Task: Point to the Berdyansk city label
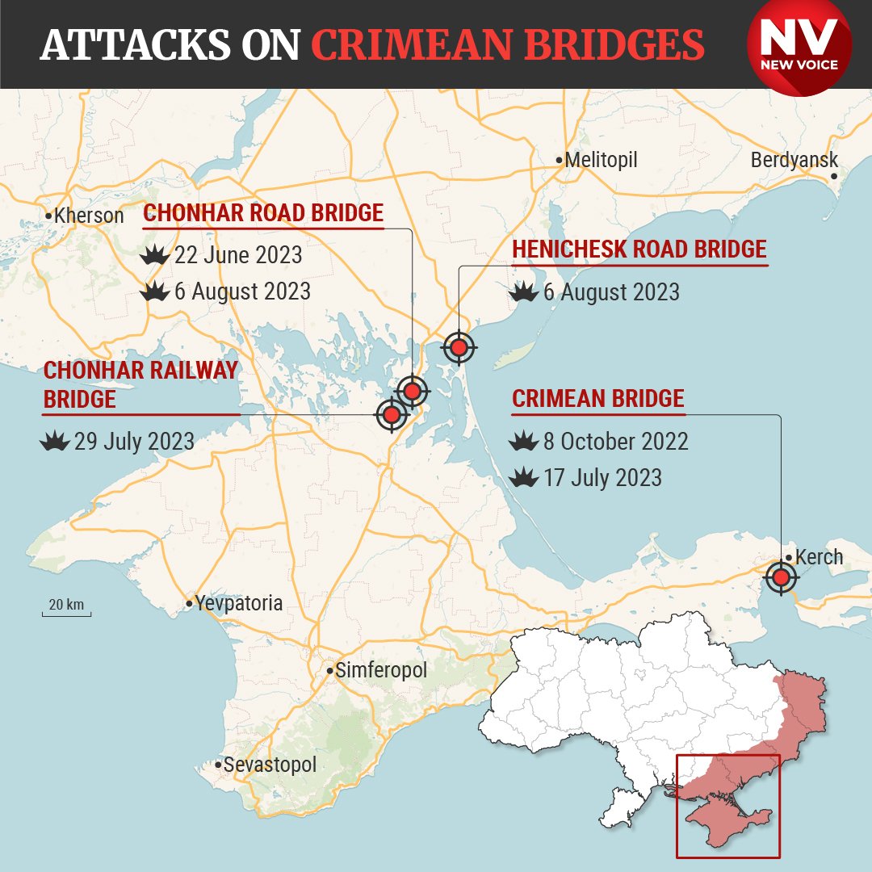[x=794, y=160]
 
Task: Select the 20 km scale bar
[x=66, y=607]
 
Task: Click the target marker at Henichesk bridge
[x=459, y=348]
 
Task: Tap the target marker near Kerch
[x=780, y=577]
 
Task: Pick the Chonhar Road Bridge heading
[x=263, y=213]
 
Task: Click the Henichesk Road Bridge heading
[x=639, y=249]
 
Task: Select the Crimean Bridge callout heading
[x=598, y=399]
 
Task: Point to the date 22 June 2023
[x=238, y=256]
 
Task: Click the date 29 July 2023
[x=134, y=442]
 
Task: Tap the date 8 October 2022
[x=616, y=442]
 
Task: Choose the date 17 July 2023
[x=602, y=478]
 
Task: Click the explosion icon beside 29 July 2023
[x=56, y=442]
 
